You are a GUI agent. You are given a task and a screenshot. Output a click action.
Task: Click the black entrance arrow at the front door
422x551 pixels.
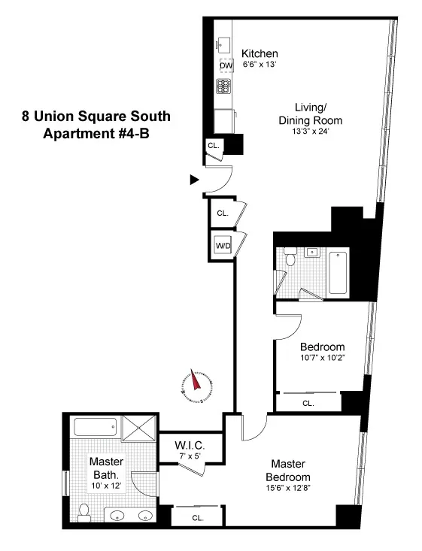click(194, 180)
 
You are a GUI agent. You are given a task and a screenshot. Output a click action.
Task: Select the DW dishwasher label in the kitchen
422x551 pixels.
click(225, 66)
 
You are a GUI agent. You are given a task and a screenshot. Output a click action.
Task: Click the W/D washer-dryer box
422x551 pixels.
click(223, 246)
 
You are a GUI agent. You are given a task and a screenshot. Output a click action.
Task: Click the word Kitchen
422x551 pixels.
click(260, 53)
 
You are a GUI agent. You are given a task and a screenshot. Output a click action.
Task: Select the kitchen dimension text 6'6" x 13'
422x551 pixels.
click(260, 65)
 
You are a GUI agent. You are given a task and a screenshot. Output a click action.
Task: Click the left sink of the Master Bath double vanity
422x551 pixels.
click(117, 517)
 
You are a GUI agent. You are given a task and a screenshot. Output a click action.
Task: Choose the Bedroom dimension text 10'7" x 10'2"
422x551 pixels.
click(322, 358)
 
